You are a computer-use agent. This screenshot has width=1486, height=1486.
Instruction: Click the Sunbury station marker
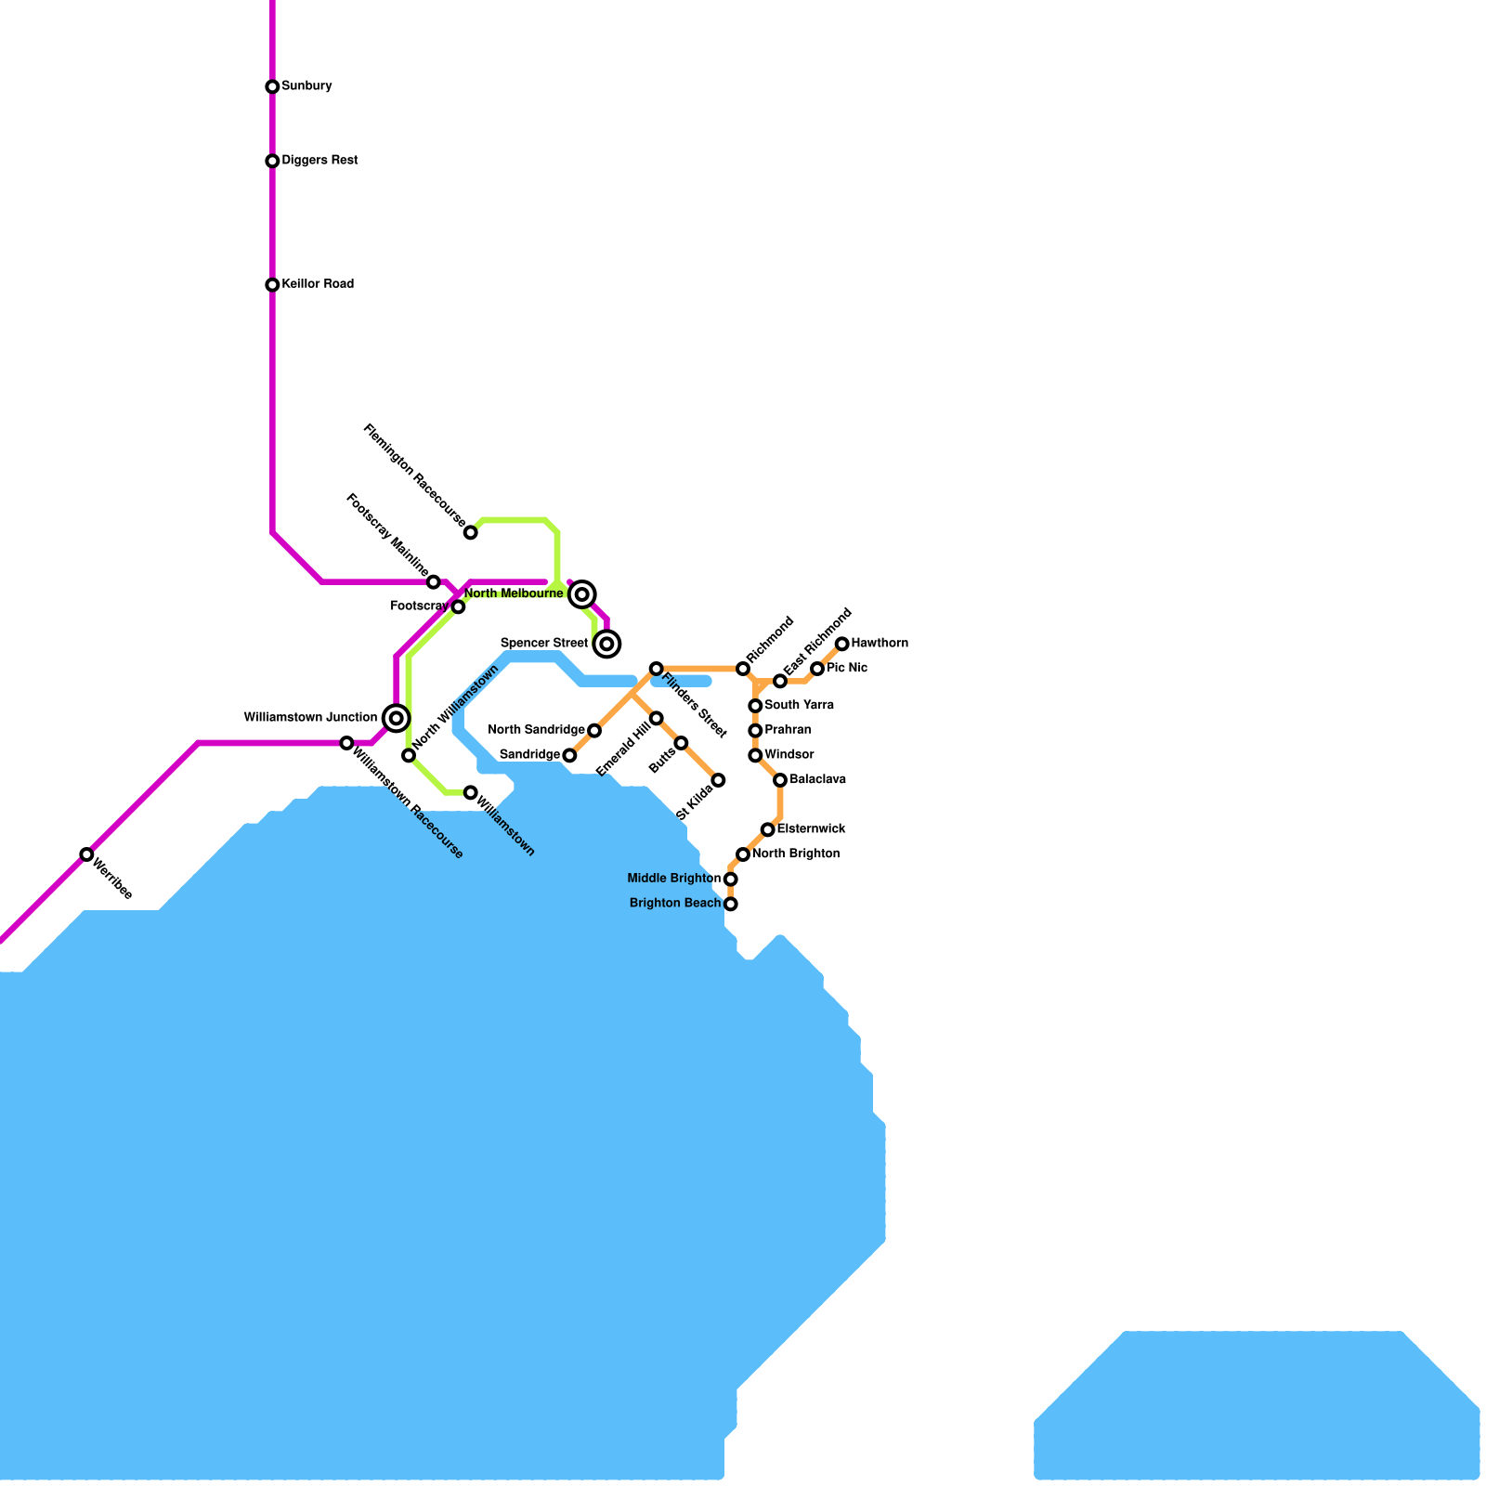coord(272,87)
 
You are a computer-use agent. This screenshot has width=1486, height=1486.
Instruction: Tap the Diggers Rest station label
coord(319,161)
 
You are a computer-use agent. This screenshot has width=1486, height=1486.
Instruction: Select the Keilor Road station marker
coord(272,285)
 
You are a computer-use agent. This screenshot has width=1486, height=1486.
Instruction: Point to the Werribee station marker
coord(86,854)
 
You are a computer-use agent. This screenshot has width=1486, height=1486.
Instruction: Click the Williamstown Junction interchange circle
coord(397,718)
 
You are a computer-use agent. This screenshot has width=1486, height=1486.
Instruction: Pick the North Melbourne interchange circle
coord(582,594)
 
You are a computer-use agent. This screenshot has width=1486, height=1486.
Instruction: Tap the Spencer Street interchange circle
coord(607,644)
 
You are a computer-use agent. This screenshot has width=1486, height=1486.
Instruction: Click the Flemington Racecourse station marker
coord(471,532)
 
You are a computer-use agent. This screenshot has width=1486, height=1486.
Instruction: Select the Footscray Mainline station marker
coord(434,582)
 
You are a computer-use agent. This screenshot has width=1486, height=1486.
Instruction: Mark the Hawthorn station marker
coord(842,645)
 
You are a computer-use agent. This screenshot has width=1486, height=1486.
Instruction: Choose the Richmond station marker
coord(743,669)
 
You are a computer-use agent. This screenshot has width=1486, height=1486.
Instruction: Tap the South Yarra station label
coord(799,706)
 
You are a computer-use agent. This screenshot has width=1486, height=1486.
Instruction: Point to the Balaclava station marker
coord(780,780)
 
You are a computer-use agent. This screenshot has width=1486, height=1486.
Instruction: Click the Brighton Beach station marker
coord(731,904)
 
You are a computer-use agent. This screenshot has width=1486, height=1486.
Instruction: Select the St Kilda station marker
coord(718,780)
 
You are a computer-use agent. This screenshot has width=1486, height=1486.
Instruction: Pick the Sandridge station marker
coord(570,756)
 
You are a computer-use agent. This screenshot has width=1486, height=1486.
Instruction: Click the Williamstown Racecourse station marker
coord(346,743)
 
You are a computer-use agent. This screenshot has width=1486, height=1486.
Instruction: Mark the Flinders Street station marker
coord(657,669)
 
